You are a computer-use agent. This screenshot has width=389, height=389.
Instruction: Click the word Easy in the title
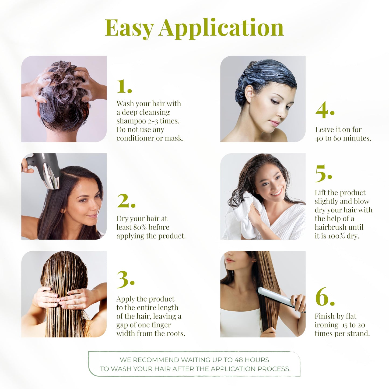click(129, 28)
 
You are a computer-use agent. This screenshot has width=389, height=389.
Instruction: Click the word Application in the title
click(221, 28)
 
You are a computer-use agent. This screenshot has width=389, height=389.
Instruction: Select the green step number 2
click(125, 201)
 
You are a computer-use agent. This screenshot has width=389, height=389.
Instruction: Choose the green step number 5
click(323, 174)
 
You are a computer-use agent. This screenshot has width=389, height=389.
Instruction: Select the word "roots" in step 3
click(175, 334)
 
